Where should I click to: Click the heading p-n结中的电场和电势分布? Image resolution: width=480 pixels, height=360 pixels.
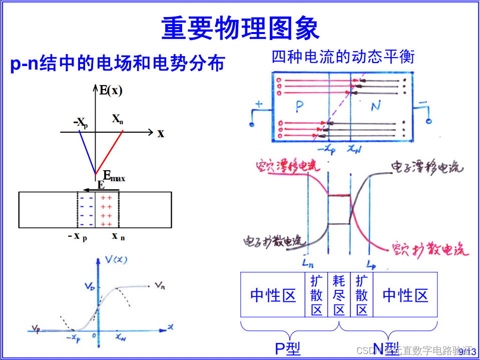coord(118,64)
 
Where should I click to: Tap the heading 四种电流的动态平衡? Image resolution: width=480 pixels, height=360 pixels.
coord(343,56)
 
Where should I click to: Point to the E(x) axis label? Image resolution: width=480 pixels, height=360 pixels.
coord(111,91)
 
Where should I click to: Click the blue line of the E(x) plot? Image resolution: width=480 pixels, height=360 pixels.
coord(87,153)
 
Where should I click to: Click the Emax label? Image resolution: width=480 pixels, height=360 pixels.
coord(114,176)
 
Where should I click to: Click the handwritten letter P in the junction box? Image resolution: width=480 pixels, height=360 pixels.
coord(299,106)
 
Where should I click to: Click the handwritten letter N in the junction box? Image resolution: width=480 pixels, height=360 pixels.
coord(376,106)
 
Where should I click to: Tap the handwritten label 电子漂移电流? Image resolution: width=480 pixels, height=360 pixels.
coord(426,166)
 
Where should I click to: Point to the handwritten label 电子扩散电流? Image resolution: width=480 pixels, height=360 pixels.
coord(274,242)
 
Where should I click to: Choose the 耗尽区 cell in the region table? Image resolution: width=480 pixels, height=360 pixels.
coord(339,295)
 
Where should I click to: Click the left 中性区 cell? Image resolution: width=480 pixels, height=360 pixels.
coord(273,295)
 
